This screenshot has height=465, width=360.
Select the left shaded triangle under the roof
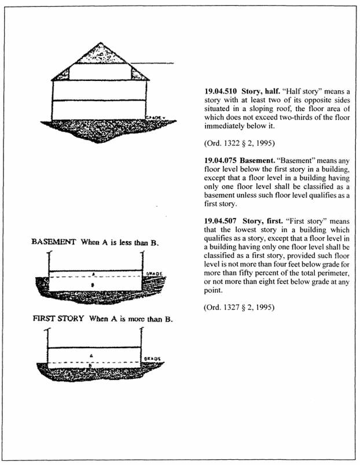tap(61, 73)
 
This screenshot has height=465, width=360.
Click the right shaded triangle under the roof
tap(139, 73)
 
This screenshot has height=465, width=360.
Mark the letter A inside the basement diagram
tap(94, 275)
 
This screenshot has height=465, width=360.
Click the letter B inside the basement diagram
tap(94, 285)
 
